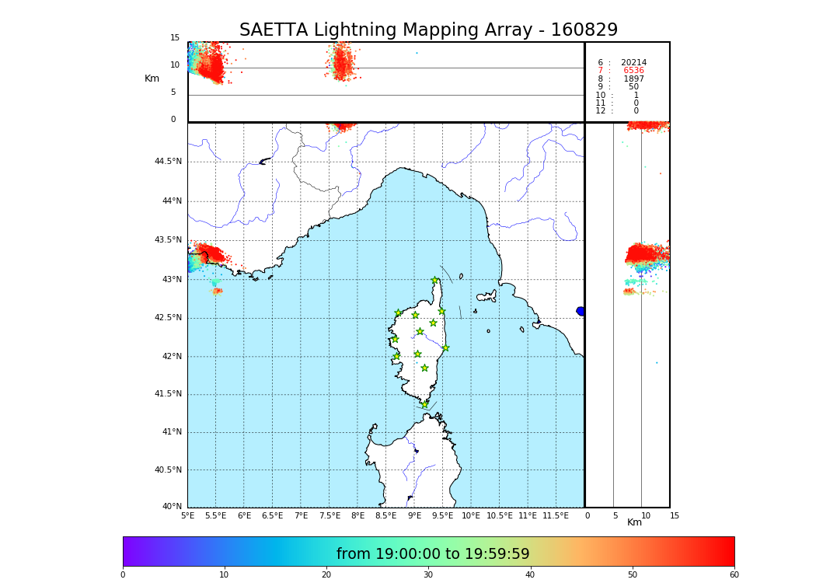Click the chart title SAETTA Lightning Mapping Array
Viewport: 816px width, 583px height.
point(428,30)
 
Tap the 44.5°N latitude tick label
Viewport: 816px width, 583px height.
point(167,162)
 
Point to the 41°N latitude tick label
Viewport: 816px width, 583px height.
point(171,432)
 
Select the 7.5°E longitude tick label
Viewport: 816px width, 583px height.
point(330,515)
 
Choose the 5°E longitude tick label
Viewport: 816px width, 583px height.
point(187,515)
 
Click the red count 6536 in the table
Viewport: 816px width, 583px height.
point(633,71)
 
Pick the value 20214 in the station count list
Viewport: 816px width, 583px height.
point(633,63)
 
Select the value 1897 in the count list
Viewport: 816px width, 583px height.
point(633,79)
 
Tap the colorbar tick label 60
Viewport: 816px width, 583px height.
point(734,575)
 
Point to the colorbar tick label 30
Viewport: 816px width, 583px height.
point(428,575)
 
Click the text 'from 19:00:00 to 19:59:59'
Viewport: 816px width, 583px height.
point(433,554)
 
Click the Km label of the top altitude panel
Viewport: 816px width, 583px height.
point(152,79)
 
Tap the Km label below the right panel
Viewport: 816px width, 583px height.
point(635,522)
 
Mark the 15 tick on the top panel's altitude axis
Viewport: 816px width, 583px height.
point(175,38)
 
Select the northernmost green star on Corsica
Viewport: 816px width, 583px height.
point(435,281)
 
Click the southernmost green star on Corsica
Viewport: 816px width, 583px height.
point(424,404)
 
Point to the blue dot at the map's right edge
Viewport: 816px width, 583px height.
point(581,311)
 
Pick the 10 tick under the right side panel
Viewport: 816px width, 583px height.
point(646,515)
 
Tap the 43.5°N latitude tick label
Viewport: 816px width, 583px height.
point(167,240)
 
